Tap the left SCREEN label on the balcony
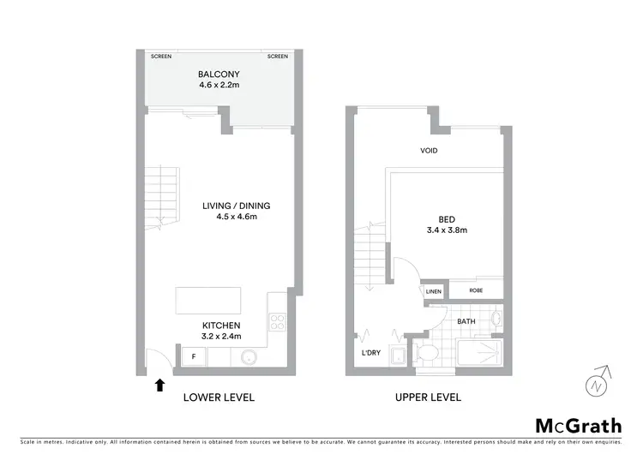coord(161,57)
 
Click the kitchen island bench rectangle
coord(208,302)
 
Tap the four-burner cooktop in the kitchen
coord(278,323)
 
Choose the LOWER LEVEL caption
coord(219,397)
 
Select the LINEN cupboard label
coord(435,292)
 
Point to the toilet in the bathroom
coord(427,354)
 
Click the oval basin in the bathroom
coord(498,321)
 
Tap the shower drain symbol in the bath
coord(492,349)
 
